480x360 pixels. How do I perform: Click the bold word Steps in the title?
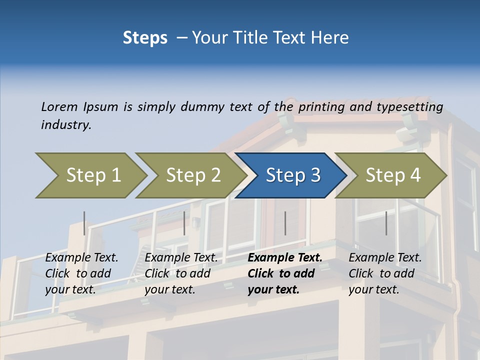pyautogui.click(x=145, y=38)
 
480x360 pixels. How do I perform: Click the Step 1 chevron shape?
pyautogui.click(x=93, y=175)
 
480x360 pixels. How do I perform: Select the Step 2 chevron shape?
pyautogui.click(x=193, y=175)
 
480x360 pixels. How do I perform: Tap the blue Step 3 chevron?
pyautogui.click(x=292, y=175)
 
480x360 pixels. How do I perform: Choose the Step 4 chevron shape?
pyautogui.click(x=392, y=175)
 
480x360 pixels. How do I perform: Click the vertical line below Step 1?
pyautogui.click(x=84, y=223)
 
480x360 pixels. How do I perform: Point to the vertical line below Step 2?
pyautogui.click(x=184, y=223)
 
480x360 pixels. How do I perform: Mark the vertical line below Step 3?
pyautogui.click(x=285, y=223)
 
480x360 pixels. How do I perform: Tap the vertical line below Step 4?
pyautogui.click(x=386, y=223)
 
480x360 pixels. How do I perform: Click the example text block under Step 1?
pyautogui.click(x=81, y=273)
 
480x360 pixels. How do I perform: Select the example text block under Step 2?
pyautogui.click(x=181, y=273)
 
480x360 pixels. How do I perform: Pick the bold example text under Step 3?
pyautogui.click(x=284, y=273)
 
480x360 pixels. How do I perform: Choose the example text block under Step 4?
pyautogui.click(x=385, y=273)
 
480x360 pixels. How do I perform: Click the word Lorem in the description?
pyautogui.click(x=59, y=107)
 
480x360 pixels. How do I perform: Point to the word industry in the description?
pyautogui.click(x=65, y=125)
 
